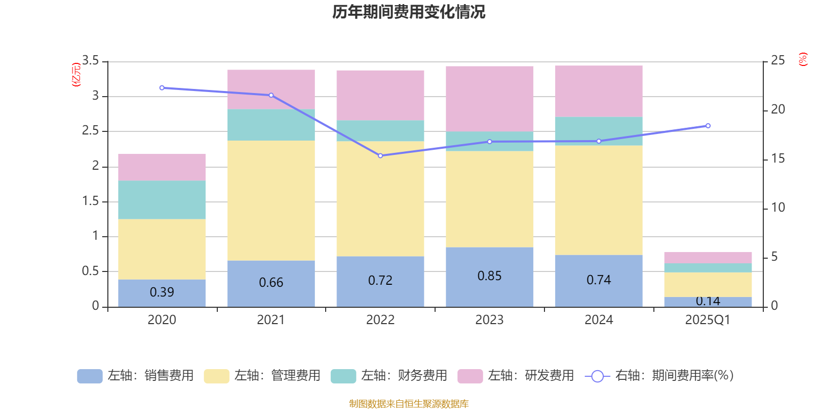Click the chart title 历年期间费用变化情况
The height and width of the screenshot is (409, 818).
click(x=408, y=12)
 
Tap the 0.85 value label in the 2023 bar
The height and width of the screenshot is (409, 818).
click(x=489, y=276)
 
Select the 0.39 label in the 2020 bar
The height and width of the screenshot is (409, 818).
click(x=162, y=292)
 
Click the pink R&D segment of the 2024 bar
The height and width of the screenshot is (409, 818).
click(x=599, y=91)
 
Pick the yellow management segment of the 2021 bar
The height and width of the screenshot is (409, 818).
click(x=271, y=200)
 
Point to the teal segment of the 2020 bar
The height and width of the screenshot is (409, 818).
click(x=162, y=200)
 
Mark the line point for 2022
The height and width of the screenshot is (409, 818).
click(x=380, y=155)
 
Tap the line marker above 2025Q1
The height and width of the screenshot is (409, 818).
click(x=708, y=126)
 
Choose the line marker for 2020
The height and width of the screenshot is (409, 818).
click(x=162, y=88)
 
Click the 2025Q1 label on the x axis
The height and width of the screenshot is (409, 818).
click(x=708, y=320)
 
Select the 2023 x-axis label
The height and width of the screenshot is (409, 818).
click(x=489, y=320)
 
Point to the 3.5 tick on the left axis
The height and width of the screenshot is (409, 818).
click(x=90, y=61)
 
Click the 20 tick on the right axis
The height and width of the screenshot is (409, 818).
click(x=778, y=109)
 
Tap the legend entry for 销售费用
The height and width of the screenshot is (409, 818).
click(x=135, y=376)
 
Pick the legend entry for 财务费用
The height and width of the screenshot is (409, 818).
click(x=389, y=376)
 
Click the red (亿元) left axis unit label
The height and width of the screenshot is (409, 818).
click(x=77, y=75)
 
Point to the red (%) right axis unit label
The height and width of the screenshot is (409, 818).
click(x=803, y=59)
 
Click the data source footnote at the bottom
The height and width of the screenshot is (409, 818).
click(x=408, y=404)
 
